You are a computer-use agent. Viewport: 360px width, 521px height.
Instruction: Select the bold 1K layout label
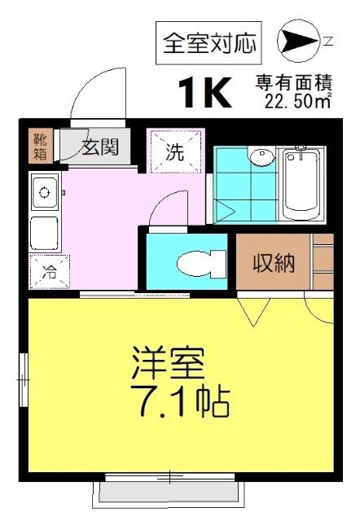[x=204, y=93]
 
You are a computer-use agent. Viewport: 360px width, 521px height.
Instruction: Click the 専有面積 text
[x=292, y=83]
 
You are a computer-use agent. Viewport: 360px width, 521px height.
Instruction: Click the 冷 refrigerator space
[x=49, y=272]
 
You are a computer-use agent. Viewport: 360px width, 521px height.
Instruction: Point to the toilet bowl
[x=200, y=262]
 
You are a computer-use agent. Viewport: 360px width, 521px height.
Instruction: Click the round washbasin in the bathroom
[x=261, y=158]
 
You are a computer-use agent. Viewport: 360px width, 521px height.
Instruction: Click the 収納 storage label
[x=273, y=263]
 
